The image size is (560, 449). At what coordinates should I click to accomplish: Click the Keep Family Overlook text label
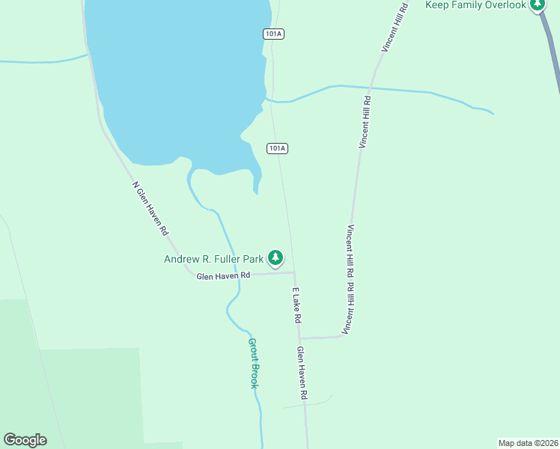coord(476,5)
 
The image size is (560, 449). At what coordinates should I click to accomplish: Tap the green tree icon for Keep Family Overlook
coord(537,4)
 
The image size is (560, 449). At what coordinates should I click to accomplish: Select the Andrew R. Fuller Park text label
coord(213,260)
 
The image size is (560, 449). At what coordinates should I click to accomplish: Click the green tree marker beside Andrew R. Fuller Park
coord(276,258)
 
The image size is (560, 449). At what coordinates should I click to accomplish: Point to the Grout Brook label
coord(253,363)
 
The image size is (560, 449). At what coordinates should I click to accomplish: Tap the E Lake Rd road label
coord(297,305)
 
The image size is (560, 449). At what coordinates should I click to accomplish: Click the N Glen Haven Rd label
coord(150,209)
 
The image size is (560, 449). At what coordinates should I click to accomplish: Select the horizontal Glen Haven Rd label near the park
coord(223,276)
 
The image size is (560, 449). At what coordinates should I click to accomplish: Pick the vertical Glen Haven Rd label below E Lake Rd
coord(302,372)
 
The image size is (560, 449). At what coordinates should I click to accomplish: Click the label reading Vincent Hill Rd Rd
coord(349,279)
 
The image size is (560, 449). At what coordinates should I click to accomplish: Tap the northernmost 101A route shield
coord(274,34)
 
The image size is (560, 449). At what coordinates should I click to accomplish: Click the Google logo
coord(25,440)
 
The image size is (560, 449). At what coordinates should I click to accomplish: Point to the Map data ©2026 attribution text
coord(528,442)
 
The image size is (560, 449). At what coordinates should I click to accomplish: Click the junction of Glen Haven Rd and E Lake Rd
coord(293,272)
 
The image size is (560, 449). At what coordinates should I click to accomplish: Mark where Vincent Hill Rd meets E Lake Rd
coord(300,338)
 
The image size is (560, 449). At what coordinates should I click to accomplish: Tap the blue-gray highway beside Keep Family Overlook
coord(553,52)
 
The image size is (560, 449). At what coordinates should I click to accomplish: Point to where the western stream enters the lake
coord(88,54)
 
